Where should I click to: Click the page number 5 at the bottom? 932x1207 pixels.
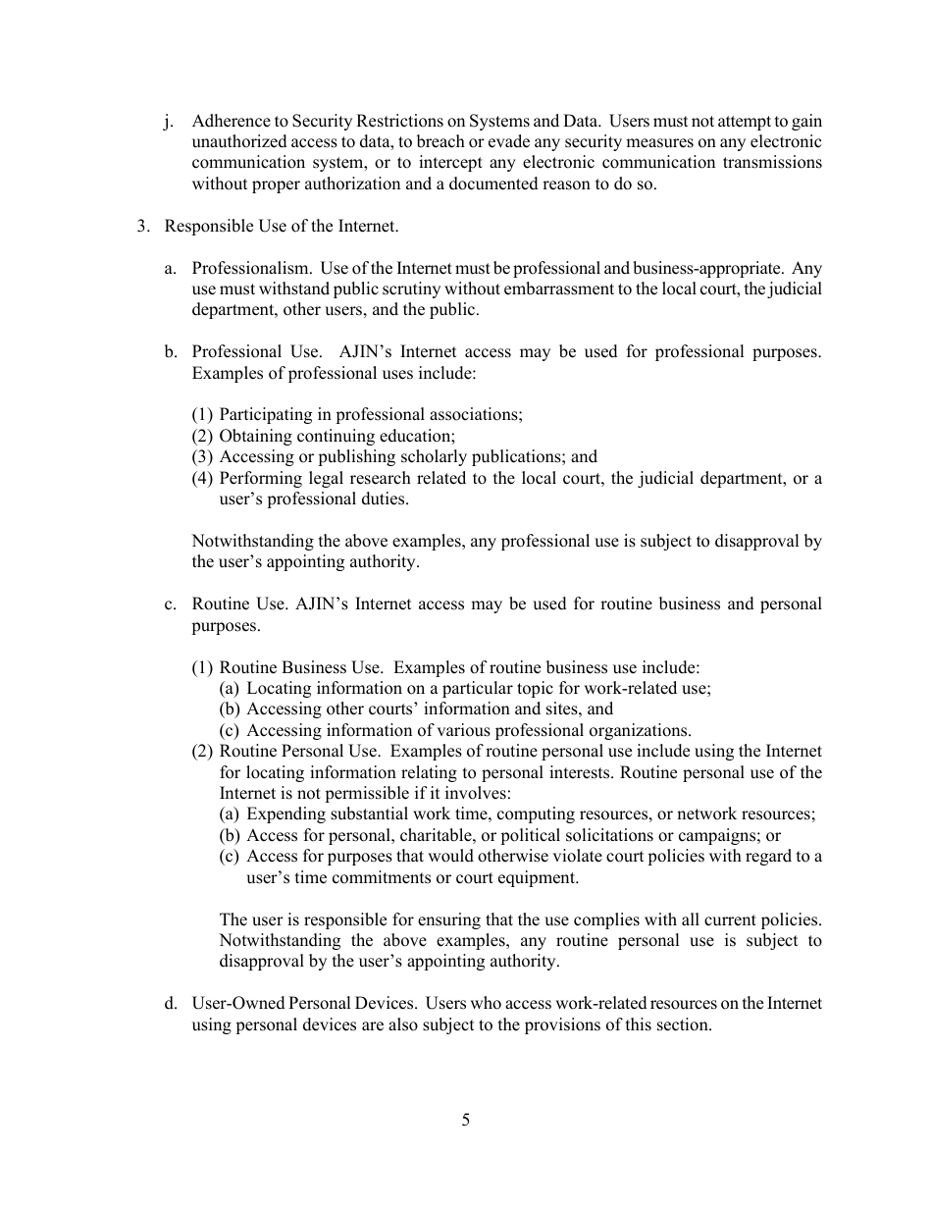pos(466,1121)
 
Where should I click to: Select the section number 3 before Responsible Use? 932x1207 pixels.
pos(142,226)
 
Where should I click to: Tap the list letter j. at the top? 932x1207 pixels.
pos(170,122)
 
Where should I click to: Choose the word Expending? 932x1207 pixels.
pos(283,814)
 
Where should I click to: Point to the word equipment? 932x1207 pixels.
pos(541,878)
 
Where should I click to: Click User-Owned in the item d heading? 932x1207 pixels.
pos(238,1004)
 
